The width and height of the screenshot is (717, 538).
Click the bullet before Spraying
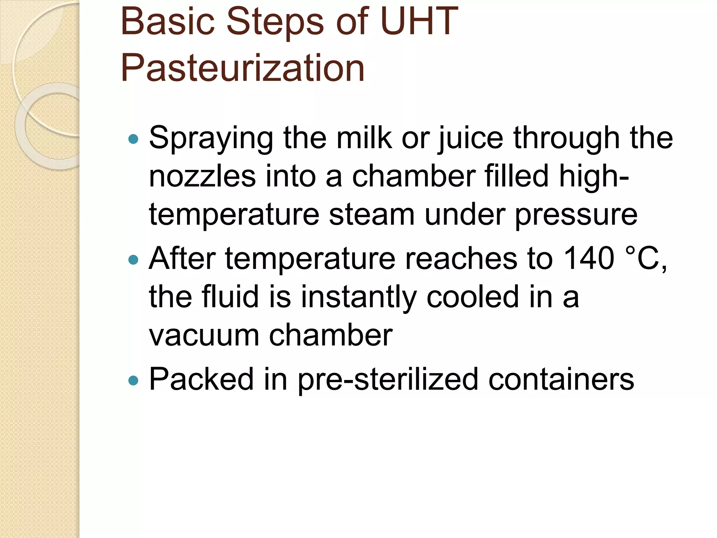pos(133,139)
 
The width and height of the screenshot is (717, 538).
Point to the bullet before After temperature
pos(133,260)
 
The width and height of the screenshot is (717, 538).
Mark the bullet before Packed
pos(133,380)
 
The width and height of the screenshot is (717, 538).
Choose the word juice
pos(471,138)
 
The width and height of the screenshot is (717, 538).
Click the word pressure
pos(576,215)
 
